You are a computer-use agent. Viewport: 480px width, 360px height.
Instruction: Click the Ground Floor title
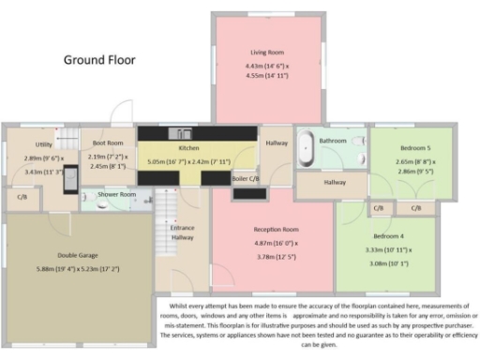(99, 60)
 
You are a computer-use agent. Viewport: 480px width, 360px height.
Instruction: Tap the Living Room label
(266, 52)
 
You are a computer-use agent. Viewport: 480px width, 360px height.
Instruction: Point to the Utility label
(43, 144)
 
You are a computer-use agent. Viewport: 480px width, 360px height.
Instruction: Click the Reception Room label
(276, 229)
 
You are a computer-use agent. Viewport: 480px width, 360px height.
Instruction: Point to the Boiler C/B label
(246, 177)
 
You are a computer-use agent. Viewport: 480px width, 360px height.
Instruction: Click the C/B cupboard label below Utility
(22, 198)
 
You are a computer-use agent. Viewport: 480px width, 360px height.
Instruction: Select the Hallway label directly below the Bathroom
(334, 183)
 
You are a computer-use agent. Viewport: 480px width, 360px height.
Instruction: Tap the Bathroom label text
(333, 141)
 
